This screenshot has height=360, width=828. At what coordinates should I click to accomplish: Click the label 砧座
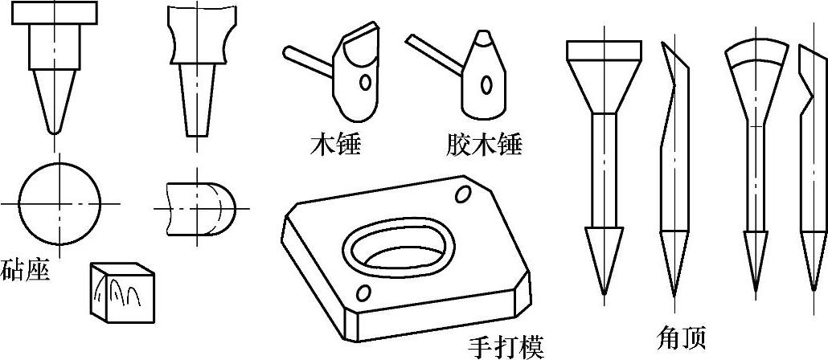(x=25, y=269)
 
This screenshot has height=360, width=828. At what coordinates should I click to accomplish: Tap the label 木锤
(x=335, y=145)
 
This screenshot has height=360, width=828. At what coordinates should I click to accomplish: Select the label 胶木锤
(x=482, y=145)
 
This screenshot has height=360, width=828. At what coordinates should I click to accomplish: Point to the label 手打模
(x=506, y=346)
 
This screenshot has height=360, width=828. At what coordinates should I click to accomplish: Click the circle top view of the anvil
(x=60, y=203)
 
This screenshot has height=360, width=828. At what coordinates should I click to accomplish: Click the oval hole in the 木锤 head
(x=366, y=82)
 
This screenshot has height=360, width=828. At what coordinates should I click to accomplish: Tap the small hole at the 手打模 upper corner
(x=464, y=194)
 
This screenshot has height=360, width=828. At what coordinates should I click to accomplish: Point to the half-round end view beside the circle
(x=201, y=206)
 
